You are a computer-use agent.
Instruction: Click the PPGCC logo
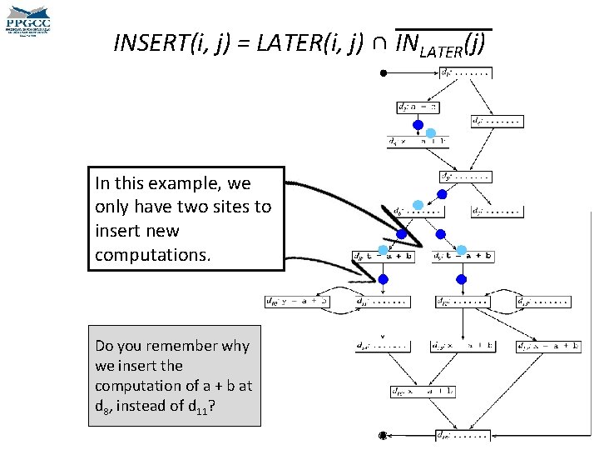pos(27,20)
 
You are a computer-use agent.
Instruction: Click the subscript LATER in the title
pos(441,51)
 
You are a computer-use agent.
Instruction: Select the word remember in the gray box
pos(178,346)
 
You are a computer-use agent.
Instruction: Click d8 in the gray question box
pos(102,407)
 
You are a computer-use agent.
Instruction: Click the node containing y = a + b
pos(296,301)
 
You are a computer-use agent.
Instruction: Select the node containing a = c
pos(417,107)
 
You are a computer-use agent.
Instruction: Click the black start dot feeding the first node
pos(383,73)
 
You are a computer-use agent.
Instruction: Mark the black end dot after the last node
pos(383,435)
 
